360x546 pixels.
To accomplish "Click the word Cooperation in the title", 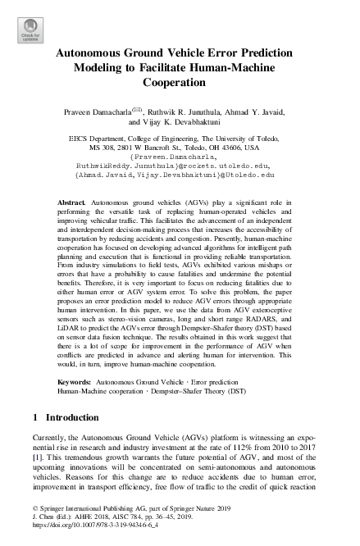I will [180, 83].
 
